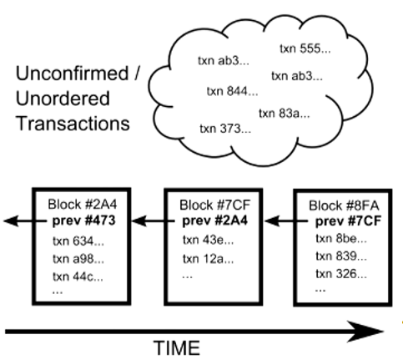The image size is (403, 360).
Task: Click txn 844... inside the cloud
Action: pyautogui.click(x=229, y=90)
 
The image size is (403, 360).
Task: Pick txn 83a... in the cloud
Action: pyautogui.click(x=285, y=113)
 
